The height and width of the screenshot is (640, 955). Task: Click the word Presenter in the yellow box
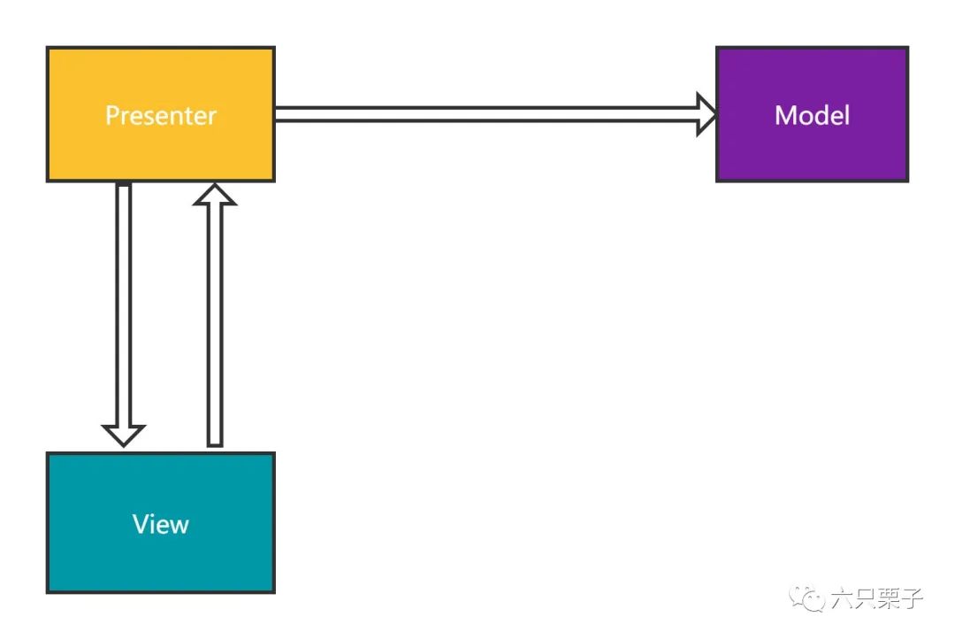(161, 115)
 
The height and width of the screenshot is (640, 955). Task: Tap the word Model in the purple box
(812, 115)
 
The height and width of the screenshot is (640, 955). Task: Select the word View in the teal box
(161, 523)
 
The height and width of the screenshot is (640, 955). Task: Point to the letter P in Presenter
(112, 115)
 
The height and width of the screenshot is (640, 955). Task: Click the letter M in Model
(784, 115)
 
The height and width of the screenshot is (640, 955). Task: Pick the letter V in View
(141, 523)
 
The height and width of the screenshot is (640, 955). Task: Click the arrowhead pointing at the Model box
(707, 114)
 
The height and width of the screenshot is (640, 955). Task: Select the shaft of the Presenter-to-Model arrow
(486, 114)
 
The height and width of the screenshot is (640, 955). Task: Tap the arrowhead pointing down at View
(123, 436)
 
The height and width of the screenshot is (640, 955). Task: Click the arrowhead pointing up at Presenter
(214, 195)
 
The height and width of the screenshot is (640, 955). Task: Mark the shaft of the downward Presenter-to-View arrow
(123, 304)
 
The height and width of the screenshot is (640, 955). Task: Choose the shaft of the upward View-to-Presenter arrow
(214, 326)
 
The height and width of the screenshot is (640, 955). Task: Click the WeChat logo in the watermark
(806, 598)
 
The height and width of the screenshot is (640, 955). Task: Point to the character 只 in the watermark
(866, 598)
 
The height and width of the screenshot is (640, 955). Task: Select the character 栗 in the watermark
(889, 598)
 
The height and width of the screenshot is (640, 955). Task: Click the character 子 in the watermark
(912, 598)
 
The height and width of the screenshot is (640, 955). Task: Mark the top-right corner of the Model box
(908, 47)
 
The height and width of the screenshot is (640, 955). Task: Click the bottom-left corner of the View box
(48, 592)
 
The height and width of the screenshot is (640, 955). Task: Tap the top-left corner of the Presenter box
(48, 48)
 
